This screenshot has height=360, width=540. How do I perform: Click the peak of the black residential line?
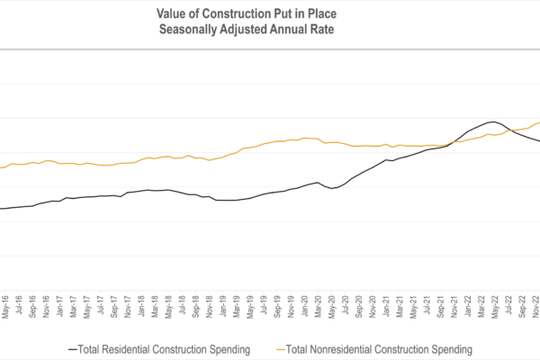(x=490, y=121)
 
